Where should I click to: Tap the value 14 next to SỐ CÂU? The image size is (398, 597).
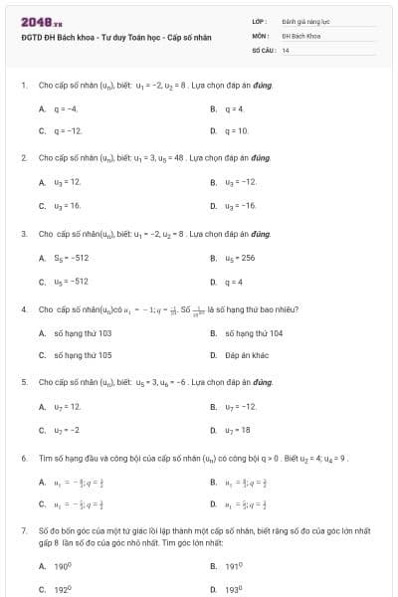tap(286, 49)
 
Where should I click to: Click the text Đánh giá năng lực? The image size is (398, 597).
tap(302, 21)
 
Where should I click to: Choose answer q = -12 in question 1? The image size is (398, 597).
tap(68, 130)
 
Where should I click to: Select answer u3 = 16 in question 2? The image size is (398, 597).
tap(68, 205)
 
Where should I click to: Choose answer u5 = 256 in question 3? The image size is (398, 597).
tap(241, 258)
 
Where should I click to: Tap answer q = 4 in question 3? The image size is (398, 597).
tap(235, 281)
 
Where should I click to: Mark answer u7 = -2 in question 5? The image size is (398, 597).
tap(67, 429)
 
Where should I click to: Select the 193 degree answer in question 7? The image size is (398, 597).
tap(234, 589)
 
